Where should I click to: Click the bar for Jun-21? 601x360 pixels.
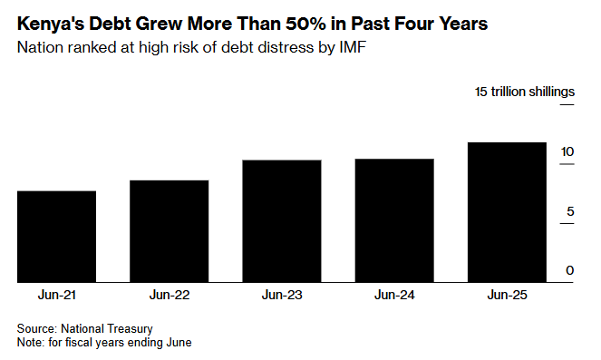57,237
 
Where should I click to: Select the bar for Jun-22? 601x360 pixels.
170,231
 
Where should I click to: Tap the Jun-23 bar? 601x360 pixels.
282,221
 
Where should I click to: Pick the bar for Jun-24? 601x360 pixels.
394,220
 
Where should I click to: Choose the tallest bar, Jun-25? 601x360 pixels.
507,212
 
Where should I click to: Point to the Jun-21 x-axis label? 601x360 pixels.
57,295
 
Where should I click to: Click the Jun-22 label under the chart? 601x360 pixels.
170,295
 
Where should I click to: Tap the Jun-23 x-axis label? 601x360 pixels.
282,295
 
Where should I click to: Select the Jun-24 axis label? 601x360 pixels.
394,295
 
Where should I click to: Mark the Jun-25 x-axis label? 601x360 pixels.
507,295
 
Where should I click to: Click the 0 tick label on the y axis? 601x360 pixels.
570,270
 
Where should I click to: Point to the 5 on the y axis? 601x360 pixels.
570,211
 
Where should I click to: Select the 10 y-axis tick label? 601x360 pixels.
567,151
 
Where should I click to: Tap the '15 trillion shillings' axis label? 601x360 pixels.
525,92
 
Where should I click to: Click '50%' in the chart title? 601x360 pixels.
305,24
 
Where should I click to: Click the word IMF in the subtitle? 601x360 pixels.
353,47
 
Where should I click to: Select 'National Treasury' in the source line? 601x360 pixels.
107,329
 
